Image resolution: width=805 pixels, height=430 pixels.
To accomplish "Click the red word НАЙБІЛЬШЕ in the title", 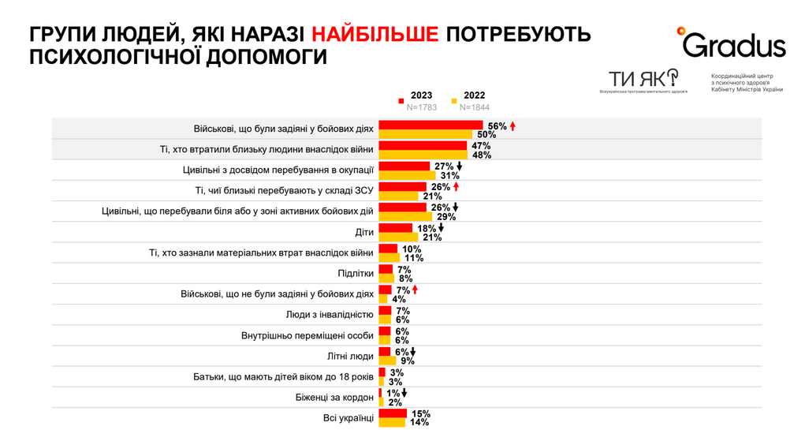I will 375,36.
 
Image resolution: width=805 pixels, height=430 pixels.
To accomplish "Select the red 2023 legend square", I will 401,101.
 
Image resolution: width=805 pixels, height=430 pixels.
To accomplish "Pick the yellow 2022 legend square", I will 454,101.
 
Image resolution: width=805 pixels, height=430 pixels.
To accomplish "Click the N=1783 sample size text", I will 423,107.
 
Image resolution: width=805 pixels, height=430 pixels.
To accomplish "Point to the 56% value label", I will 497,126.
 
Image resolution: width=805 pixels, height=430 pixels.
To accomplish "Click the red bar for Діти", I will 396,228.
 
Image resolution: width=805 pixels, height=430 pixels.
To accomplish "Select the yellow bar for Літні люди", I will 387,361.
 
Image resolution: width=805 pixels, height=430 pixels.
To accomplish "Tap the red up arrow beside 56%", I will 512,126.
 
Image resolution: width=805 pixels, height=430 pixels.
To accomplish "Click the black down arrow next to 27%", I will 459,166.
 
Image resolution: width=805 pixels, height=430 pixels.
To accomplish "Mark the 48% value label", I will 481,155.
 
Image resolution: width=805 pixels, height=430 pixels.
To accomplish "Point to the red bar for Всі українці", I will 393,413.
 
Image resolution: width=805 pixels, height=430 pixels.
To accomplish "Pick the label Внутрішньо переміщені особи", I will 307,335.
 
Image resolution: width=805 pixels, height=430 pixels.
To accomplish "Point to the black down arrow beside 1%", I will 404,392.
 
